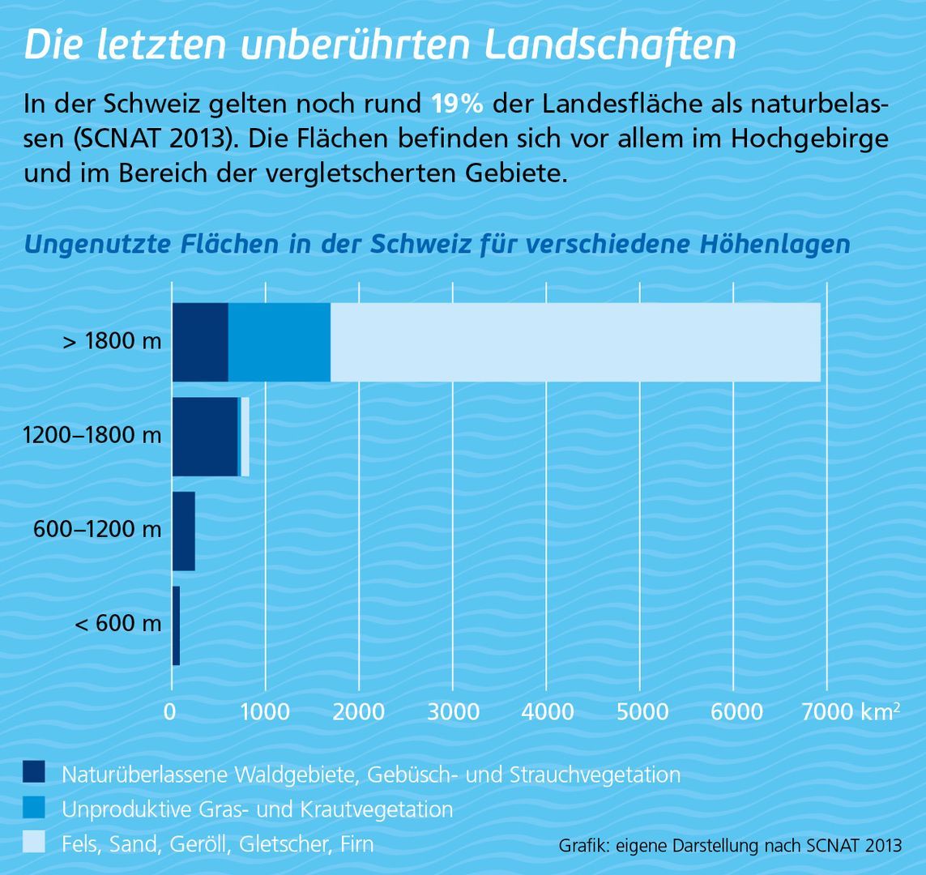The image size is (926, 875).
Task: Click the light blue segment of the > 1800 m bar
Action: tap(575, 342)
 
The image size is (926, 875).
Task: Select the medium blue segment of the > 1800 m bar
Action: tap(280, 342)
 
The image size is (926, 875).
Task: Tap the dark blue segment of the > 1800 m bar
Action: tap(200, 342)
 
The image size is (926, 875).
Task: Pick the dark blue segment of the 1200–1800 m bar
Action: tap(205, 436)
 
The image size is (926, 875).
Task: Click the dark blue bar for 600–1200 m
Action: tap(184, 531)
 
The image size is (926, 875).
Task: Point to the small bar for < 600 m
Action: tap(176, 625)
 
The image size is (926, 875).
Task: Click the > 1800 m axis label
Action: tap(113, 342)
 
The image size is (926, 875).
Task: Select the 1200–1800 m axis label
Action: tap(92, 436)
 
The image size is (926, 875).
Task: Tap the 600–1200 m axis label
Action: tap(97, 531)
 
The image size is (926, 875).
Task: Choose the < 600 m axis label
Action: tap(118, 625)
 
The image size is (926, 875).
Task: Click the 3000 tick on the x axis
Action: tap(453, 712)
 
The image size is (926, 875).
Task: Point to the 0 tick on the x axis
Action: tap(171, 712)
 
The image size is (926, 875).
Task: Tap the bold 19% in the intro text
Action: tap(457, 105)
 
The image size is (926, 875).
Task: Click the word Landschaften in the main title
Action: tap(610, 47)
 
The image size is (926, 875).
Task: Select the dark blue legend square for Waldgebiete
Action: tap(35, 773)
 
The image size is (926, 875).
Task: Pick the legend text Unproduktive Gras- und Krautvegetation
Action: tap(257, 809)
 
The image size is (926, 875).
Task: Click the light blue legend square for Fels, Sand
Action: tap(35, 843)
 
